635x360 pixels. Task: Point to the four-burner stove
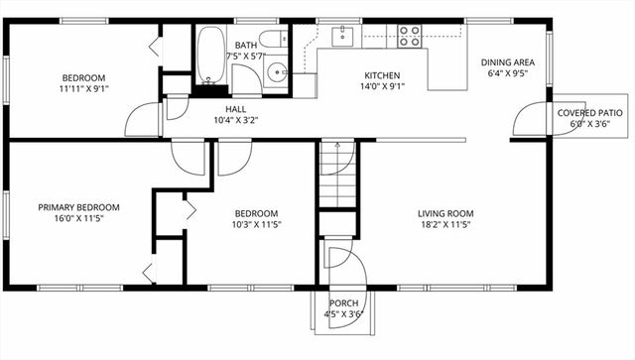(x=409, y=36)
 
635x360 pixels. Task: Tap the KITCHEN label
(x=381, y=75)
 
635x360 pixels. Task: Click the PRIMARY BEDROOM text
(x=78, y=207)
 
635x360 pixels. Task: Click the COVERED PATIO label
(x=589, y=113)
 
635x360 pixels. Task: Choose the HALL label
(x=235, y=109)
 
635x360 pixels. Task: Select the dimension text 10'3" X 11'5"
(x=256, y=225)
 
